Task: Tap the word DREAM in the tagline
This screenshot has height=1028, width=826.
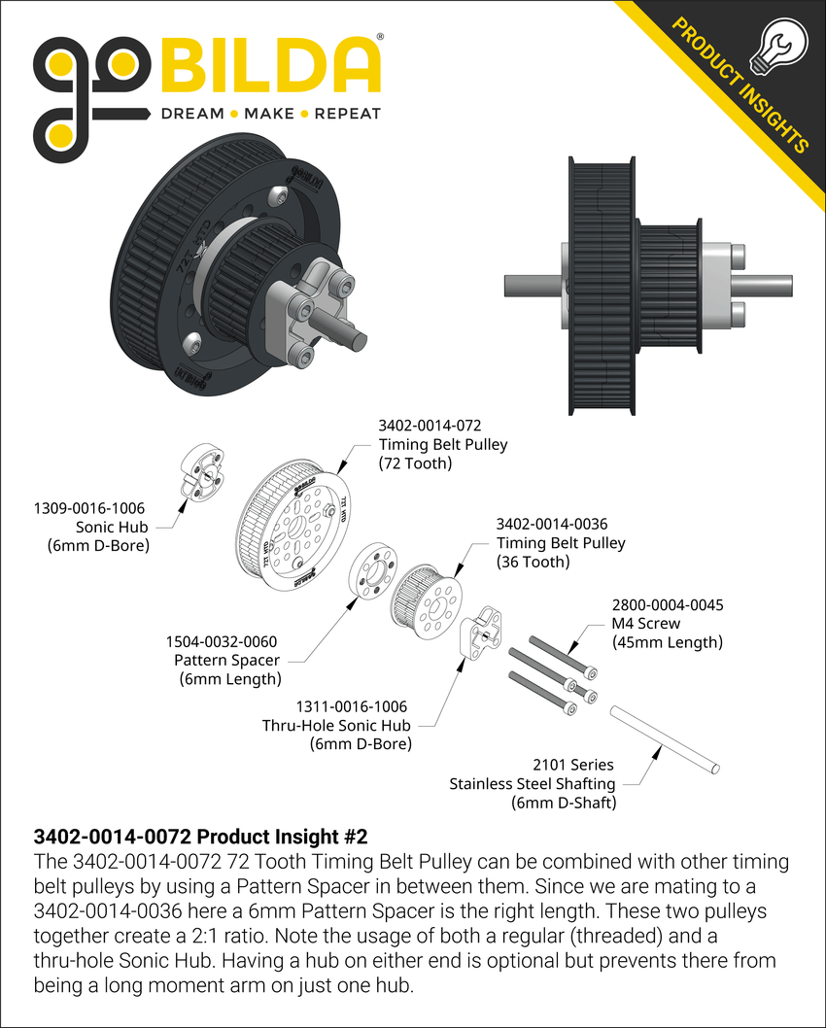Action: pos(191,114)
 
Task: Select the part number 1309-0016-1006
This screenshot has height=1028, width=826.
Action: pos(89,508)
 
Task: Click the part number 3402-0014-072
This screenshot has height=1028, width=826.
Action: pos(430,426)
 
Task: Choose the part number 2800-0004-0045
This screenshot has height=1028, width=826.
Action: pos(667,604)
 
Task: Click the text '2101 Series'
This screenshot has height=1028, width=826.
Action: pos(573,766)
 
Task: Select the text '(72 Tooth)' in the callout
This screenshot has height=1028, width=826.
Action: pos(415,463)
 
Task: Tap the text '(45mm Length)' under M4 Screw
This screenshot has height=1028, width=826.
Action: pos(667,641)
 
